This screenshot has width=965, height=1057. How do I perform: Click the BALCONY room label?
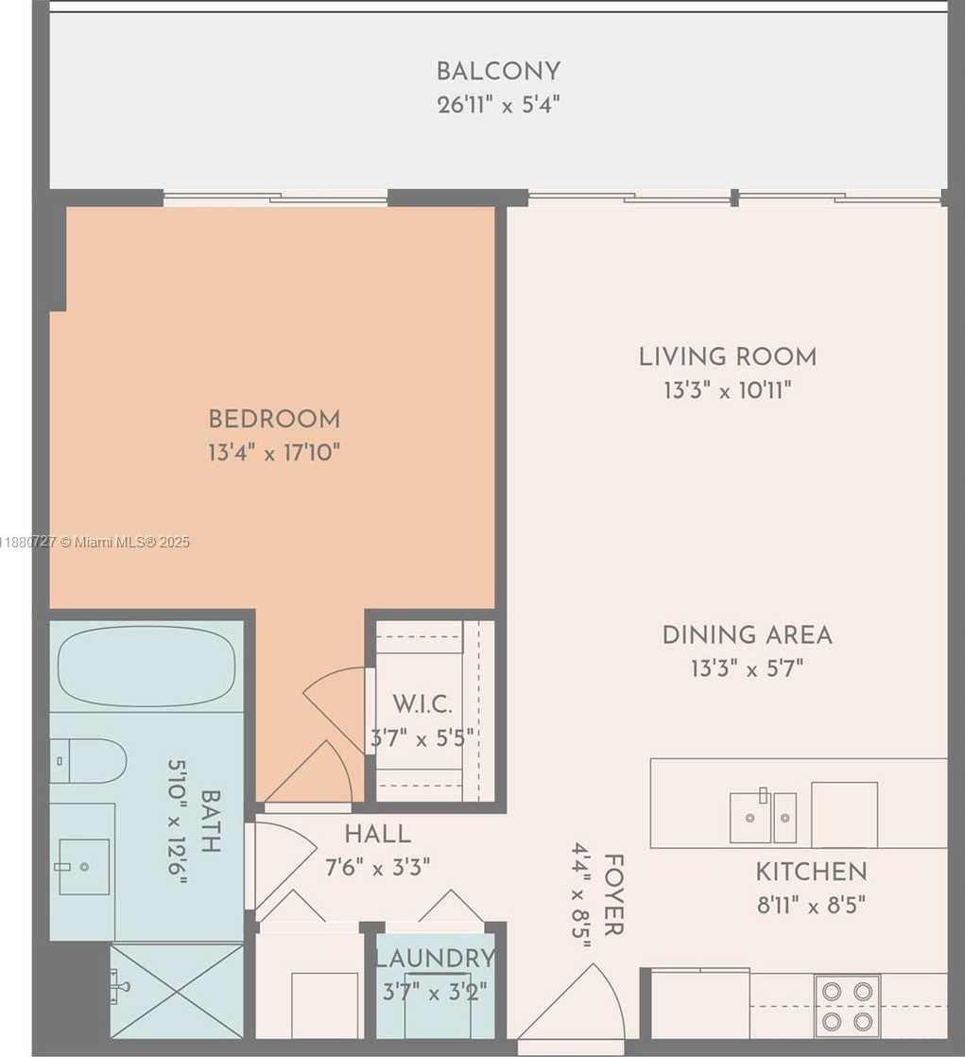[x=498, y=71]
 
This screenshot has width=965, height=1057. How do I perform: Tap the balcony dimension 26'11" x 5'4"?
[x=499, y=105]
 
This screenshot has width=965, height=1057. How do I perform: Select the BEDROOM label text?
[x=274, y=419]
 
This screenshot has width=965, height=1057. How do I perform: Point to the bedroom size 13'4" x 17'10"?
[x=274, y=452]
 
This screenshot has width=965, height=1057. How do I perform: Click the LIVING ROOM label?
[x=728, y=356]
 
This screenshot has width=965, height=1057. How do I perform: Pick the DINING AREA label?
[x=748, y=635]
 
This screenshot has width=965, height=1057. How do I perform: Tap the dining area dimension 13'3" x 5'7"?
[x=748, y=668]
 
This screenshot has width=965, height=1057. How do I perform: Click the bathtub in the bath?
[x=146, y=666]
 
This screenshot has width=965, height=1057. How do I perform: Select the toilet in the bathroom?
[x=88, y=761]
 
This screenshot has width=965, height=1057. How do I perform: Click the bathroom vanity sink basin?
[x=84, y=867]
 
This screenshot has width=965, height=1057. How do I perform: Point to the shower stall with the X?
[x=178, y=990]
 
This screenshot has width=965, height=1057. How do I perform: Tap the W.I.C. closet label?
[x=422, y=703]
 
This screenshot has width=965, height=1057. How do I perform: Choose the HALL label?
[x=377, y=834]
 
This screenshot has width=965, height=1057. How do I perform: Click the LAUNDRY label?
[x=436, y=958]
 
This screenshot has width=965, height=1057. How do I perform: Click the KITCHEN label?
[x=811, y=872]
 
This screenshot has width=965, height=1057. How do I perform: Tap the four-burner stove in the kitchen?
[x=847, y=1006]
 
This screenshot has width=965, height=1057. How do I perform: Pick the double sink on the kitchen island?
[x=763, y=817]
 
